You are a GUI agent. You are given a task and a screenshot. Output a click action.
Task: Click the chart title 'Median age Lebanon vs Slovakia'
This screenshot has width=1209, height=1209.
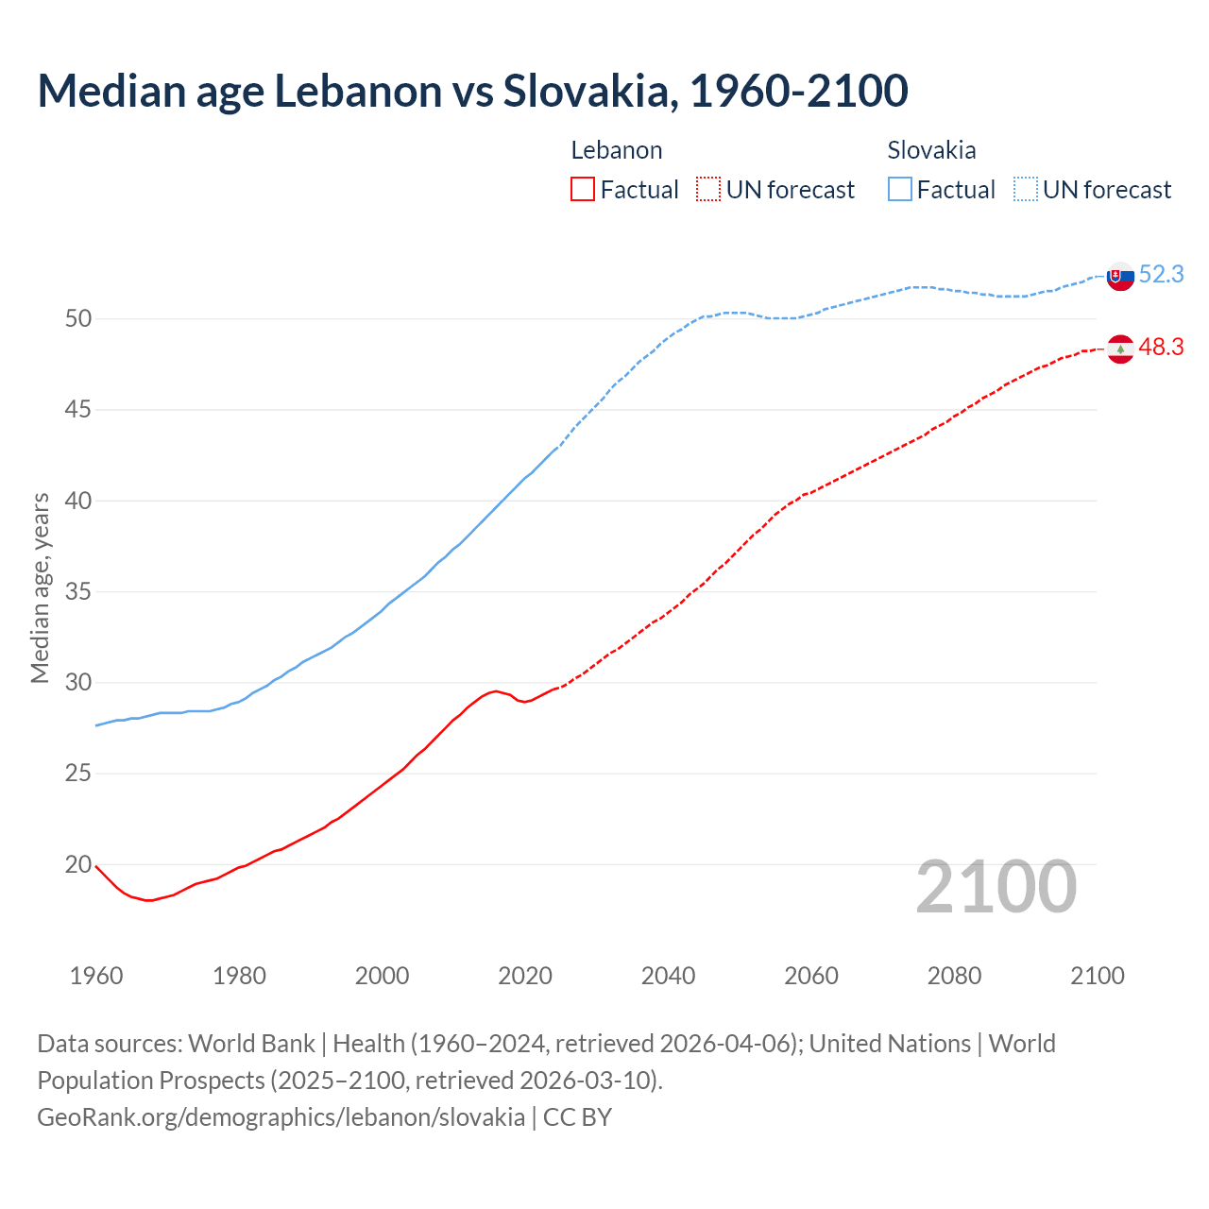click(472, 91)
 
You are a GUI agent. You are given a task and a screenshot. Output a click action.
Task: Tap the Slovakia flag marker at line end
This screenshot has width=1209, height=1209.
click(1119, 277)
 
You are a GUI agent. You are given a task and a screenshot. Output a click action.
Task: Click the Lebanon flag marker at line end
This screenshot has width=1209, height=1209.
click(1119, 349)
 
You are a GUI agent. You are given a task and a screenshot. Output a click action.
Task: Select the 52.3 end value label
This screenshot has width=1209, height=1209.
click(1161, 274)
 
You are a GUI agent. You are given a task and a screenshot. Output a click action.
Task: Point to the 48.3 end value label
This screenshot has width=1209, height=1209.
click(1161, 348)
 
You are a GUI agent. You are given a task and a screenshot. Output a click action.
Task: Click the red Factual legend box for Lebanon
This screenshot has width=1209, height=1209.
click(583, 190)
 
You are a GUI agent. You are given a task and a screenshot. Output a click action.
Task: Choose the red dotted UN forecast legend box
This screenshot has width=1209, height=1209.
click(708, 190)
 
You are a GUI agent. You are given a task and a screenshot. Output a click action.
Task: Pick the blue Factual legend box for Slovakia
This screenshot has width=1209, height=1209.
click(900, 190)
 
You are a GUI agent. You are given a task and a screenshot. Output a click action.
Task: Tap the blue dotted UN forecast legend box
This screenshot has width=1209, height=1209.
click(1026, 190)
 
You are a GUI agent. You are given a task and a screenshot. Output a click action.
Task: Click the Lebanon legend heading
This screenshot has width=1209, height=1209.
click(617, 150)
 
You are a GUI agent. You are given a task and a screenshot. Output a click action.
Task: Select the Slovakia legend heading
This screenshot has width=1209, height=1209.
click(931, 150)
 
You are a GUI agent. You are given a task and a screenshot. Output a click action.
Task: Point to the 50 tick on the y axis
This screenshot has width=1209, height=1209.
click(78, 319)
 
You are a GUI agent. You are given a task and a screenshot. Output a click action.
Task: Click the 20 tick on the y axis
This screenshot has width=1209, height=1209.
click(78, 865)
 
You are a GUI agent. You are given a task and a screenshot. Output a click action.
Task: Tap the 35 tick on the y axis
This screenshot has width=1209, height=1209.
click(78, 592)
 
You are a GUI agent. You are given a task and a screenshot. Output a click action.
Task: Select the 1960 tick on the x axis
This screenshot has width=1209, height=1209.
click(96, 976)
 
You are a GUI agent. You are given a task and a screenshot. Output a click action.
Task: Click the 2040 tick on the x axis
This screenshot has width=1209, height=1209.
click(668, 976)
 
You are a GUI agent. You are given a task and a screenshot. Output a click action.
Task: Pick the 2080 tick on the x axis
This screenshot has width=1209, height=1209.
click(954, 976)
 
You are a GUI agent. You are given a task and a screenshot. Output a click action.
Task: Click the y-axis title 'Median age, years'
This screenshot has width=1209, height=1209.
click(40, 587)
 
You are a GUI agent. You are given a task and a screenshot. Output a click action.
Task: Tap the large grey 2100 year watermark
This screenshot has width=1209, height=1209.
click(996, 887)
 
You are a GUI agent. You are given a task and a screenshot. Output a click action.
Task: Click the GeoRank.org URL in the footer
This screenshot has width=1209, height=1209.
click(281, 1117)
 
